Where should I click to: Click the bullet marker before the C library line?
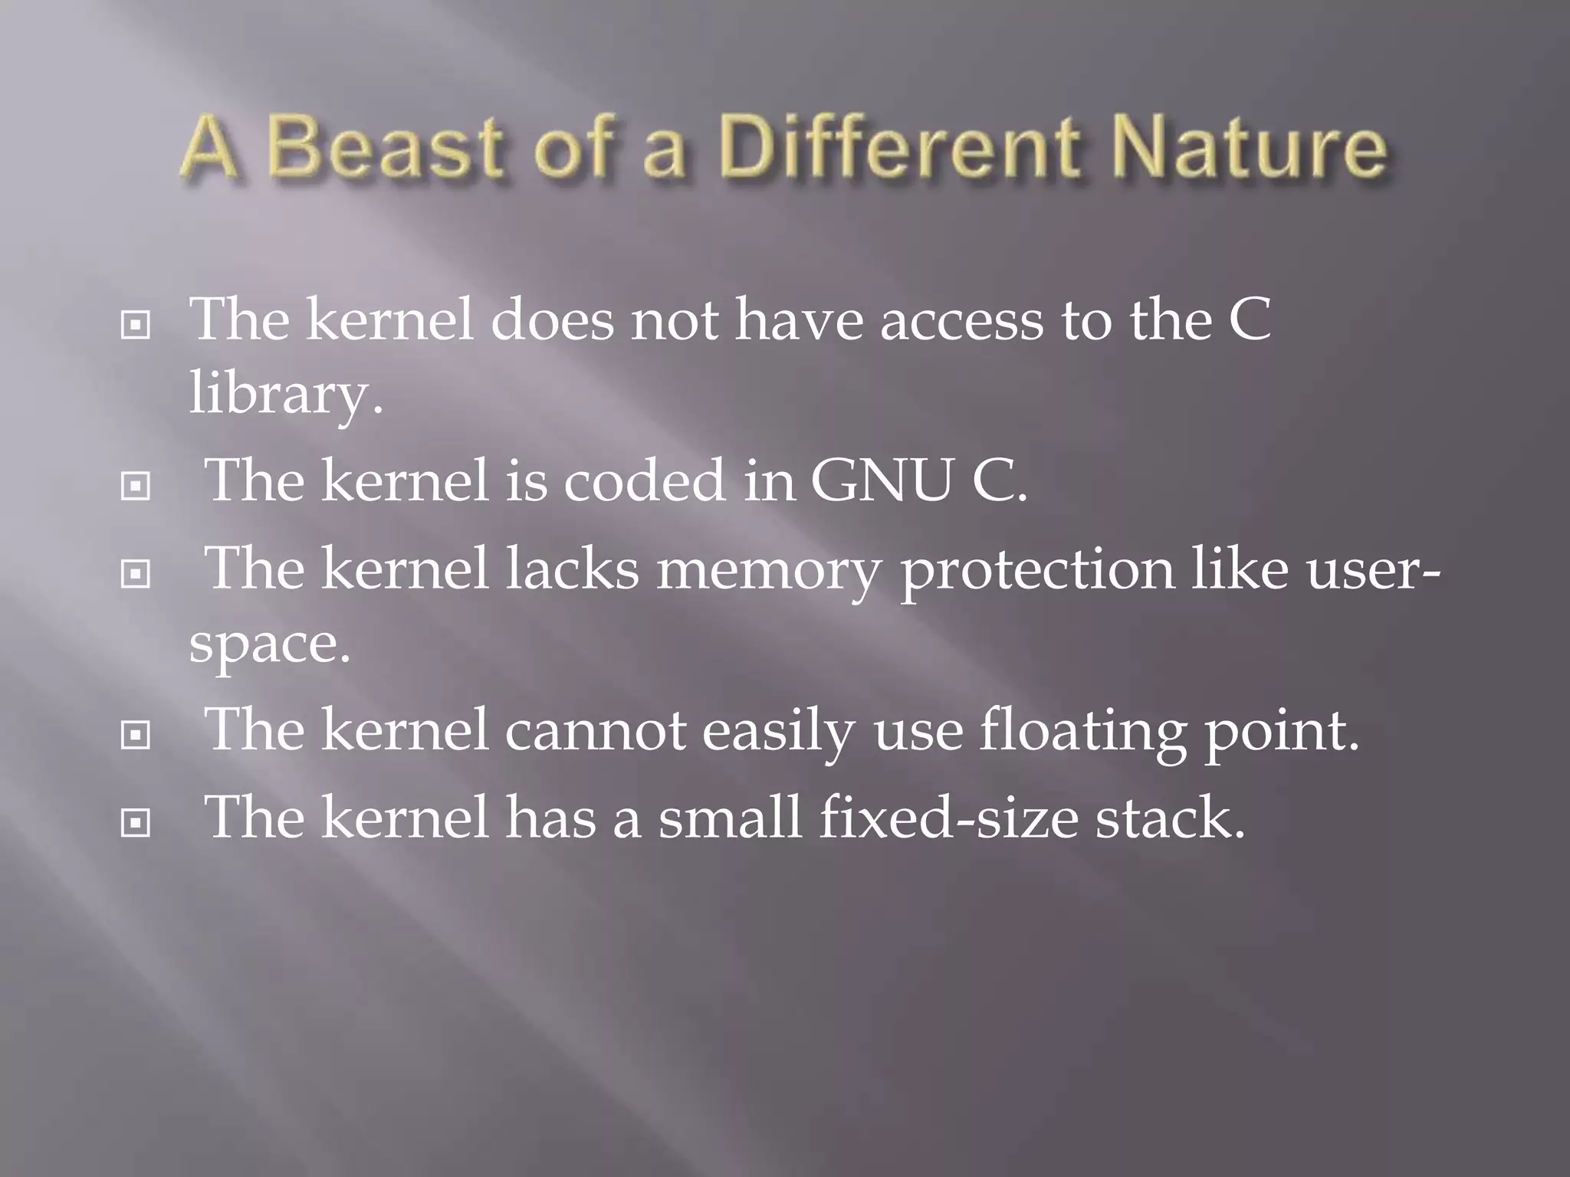pyautogui.click(x=136, y=326)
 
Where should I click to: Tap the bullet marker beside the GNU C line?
pyautogui.click(x=136, y=486)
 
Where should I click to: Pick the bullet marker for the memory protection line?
pyautogui.click(x=136, y=574)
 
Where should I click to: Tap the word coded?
pyautogui.click(x=645, y=481)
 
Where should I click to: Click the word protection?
pyautogui.click(x=1036, y=571)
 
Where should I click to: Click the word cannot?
pyautogui.click(x=595, y=732)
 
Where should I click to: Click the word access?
pyautogui.click(x=962, y=320)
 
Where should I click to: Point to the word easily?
pyautogui.click(x=778, y=732)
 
